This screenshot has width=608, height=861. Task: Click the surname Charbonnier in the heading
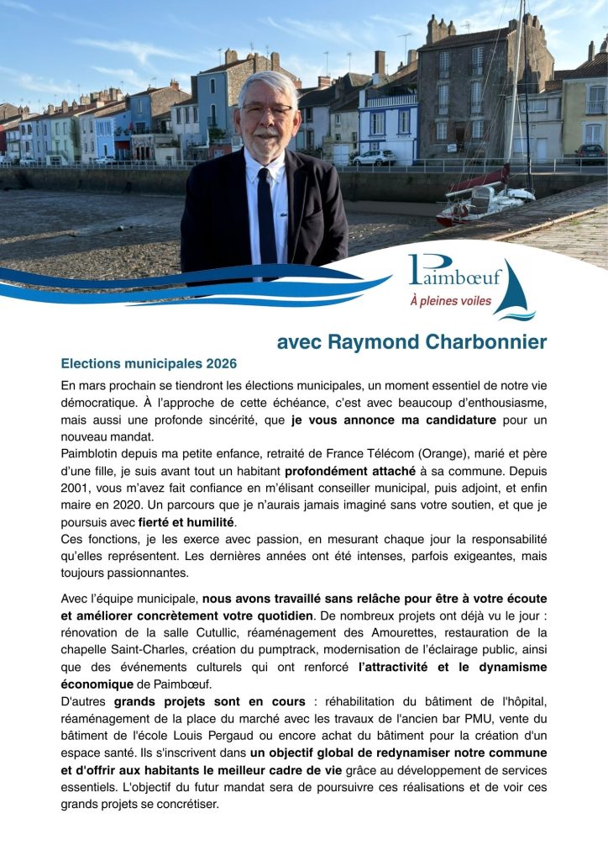[486, 342]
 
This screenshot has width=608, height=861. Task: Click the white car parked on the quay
[374, 157]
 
